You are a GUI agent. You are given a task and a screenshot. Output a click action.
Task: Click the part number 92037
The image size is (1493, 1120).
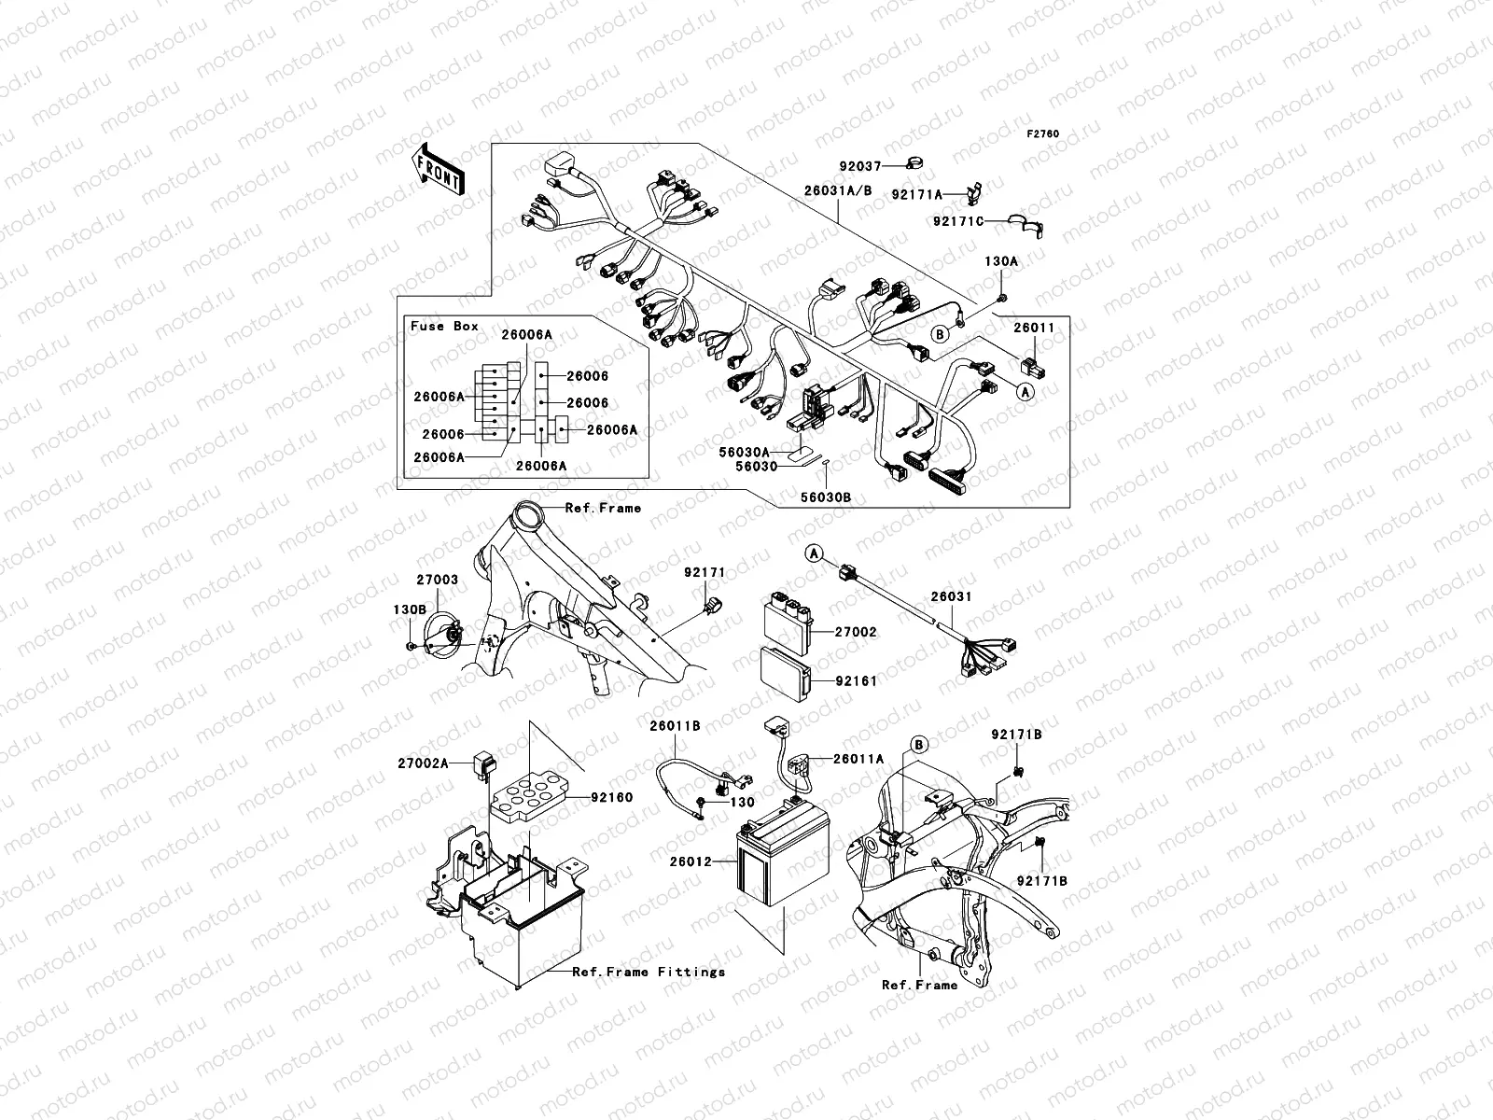click(858, 166)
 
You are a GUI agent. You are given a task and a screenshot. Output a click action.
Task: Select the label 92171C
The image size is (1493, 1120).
click(958, 221)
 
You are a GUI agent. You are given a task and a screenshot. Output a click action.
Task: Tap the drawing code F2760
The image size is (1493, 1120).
click(1043, 134)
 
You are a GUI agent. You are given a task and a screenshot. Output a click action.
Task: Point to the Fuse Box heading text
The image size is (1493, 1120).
click(444, 326)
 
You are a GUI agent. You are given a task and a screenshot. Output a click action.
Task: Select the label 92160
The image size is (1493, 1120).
click(611, 798)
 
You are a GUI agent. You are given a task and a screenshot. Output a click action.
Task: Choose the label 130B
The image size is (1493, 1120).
click(409, 609)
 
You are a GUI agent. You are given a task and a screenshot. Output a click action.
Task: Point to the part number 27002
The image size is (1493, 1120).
click(855, 632)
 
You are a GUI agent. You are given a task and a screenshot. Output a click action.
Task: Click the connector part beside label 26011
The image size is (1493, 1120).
click(1033, 365)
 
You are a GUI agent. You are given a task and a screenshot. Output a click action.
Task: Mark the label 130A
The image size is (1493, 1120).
click(1000, 262)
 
